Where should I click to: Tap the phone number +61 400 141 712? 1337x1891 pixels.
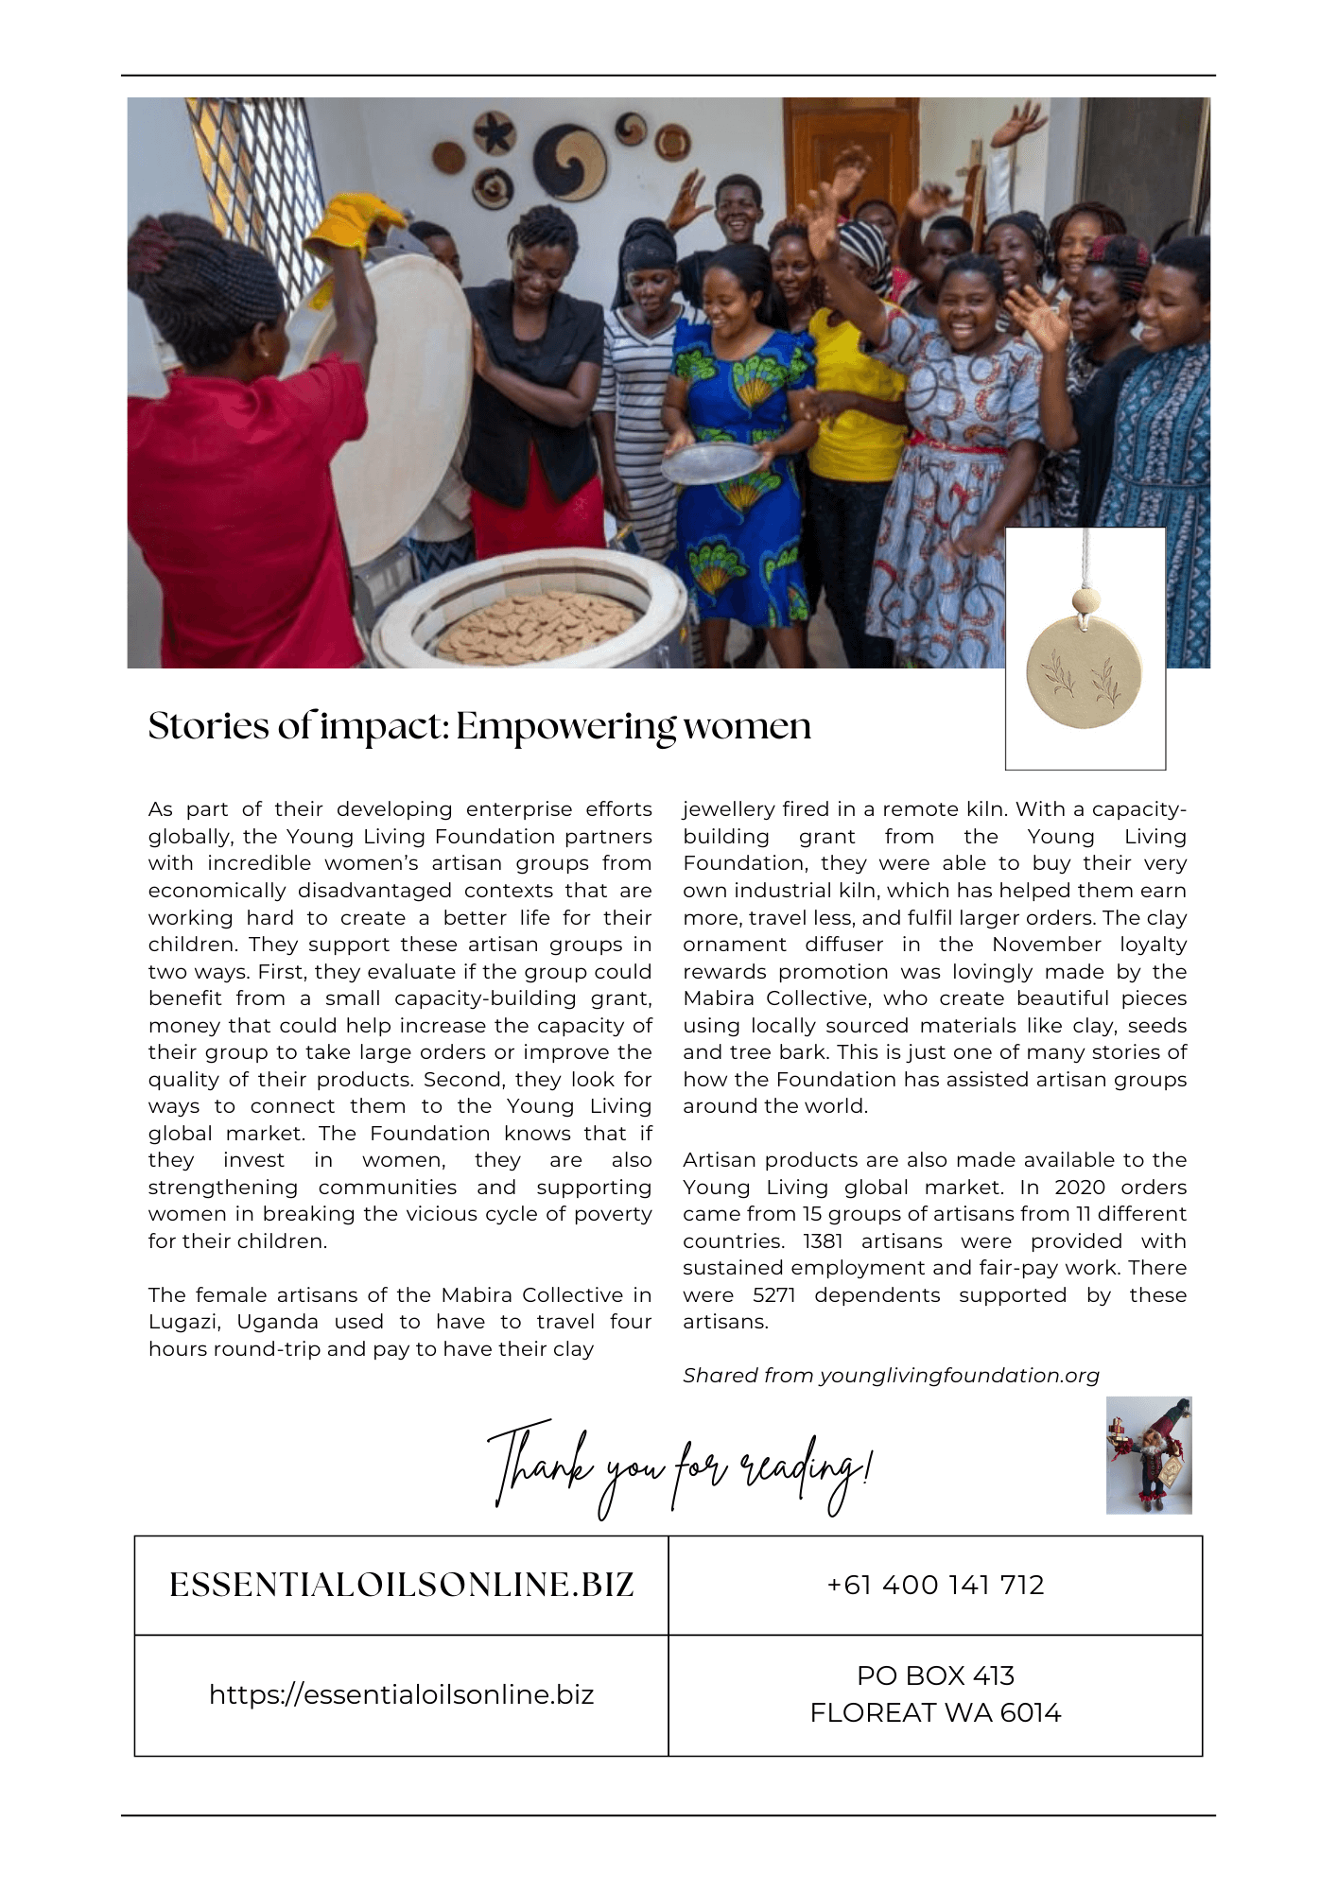(935, 1585)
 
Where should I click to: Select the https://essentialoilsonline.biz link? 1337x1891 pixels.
(401, 1694)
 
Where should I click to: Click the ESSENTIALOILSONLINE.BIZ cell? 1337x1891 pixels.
(401, 1585)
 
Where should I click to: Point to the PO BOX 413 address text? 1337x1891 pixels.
(935, 1675)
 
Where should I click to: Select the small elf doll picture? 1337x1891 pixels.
(1149, 1455)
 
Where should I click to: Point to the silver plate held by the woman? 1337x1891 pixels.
(711, 462)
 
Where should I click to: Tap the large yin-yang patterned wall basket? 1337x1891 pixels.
(568, 162)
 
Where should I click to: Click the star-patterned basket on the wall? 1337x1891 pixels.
(494, 131)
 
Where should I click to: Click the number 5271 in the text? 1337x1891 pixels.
(774, 1295)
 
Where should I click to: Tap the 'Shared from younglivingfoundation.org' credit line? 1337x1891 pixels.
(891, 1376)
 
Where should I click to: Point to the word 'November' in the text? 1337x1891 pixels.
(1047, 945)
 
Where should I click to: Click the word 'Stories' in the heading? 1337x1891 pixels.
(208, 727)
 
